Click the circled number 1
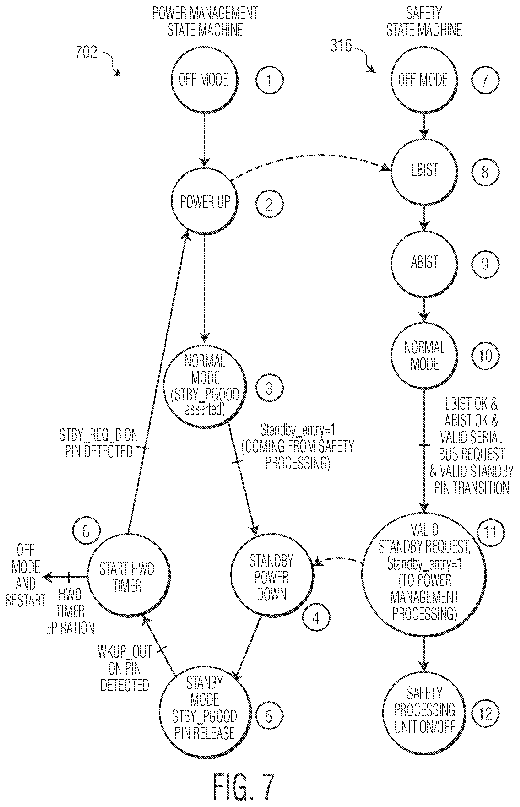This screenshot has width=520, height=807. tap(269, 80)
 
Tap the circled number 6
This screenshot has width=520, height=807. tap(86, 531)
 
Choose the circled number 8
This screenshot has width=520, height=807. tap(485, 172)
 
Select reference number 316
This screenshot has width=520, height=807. tap(341, 45)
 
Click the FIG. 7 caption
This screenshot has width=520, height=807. tap(244, 787)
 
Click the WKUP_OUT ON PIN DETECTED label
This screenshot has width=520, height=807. tap(124, 668)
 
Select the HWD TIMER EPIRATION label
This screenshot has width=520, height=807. tap(70, 611)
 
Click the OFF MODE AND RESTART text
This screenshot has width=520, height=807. tap(26, 576)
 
